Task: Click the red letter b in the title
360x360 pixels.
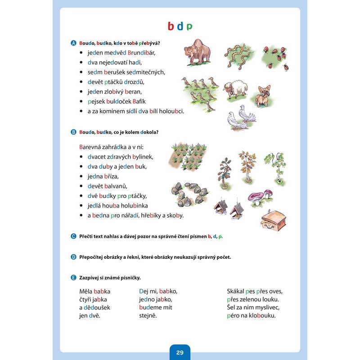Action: point(171,26)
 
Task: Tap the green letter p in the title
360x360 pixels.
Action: point(189,27)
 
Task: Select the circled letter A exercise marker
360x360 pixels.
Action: point(73,43)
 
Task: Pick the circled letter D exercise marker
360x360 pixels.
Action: point(73,257)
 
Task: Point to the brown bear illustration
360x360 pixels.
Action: point(197,50)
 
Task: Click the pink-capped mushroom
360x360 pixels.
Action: point(257,197)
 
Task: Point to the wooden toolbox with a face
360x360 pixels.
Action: point(274,218)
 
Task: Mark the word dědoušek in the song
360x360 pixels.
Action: point(97,307)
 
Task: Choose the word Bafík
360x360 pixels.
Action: point(137,101)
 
